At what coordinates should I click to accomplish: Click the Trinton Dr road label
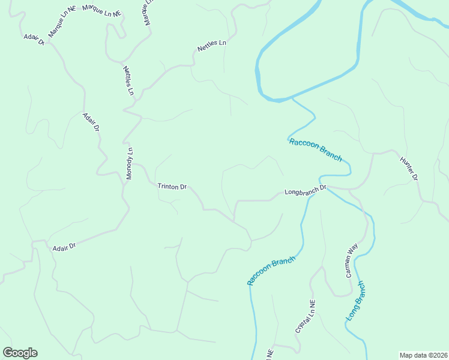(x=172, y=187)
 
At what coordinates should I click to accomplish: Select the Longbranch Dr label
(x=305, y=191)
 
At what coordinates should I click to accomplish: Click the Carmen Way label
(x=351, y=260)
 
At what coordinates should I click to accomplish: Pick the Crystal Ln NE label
(x=305, y=317)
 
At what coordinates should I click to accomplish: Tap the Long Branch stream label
(x=355, y=301)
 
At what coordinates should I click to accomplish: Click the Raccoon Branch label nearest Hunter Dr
(x=315, y=149)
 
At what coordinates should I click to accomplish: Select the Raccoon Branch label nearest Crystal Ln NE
(x=271, y=271)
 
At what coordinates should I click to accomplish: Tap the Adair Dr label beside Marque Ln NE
(x=34, y=40)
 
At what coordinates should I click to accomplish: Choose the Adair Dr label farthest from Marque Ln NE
(x=64, y=247)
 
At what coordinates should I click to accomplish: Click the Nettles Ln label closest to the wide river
(x=212, y=46)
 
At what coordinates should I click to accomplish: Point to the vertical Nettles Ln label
(x=128, y=80)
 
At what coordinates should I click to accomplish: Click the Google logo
(x=20, y=353)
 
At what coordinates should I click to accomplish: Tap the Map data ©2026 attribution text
(x=423, y=355)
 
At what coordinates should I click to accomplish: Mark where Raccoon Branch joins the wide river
(x=292, y=98)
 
